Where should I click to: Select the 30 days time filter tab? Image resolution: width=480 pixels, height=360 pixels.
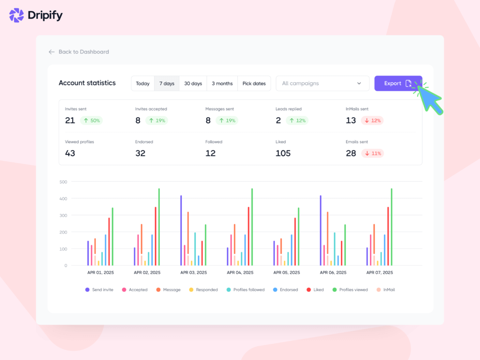(x=193, y=83)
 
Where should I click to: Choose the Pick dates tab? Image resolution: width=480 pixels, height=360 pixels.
(x=254, y=83)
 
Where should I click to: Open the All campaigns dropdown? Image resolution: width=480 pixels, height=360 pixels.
(x=322, y=83)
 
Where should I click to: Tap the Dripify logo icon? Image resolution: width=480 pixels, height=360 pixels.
(x=16, y=15)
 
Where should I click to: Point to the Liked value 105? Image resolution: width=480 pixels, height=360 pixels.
(x=283, y=153)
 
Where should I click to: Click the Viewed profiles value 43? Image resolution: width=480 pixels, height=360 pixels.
(x=70, y=153)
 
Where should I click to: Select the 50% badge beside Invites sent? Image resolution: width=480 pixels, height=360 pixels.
(x=91, y=120)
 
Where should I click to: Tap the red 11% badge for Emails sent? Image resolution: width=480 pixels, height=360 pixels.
(x=372, y=153)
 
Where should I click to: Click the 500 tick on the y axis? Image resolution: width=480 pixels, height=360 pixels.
(x=63, y=182)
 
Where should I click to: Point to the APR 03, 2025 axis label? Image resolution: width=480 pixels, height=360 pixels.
(x=194, y=272)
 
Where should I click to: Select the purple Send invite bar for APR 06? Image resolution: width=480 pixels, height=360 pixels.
(x=321, y=230)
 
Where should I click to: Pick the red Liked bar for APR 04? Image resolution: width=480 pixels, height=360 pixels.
(x=248, y=236)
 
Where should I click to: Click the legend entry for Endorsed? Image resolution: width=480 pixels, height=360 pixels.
(x=285, y=290)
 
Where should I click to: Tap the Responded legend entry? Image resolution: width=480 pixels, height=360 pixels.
(x=203, y=290)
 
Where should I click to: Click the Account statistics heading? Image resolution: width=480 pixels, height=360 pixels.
(x=87, y=83)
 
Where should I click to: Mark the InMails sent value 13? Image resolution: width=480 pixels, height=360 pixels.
(x=351, y=120)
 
